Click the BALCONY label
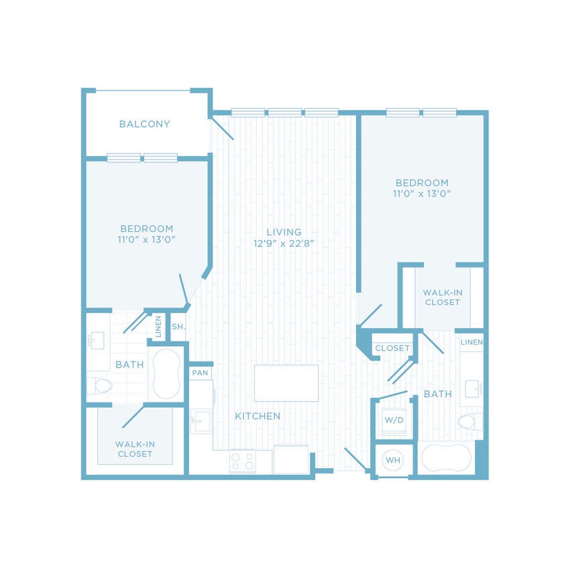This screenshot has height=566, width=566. click(144, 124)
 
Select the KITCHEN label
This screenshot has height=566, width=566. click(258, 416)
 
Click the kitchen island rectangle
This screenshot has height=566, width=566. click(286, 383)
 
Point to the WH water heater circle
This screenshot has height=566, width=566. click(392, 461)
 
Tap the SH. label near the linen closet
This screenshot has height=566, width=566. click(178, 327)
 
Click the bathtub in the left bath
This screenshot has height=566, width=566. click(166, 374)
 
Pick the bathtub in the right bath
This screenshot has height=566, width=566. click(446, 459)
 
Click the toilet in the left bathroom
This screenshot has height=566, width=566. click(100, 386)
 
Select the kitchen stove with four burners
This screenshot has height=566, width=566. click(242, 461)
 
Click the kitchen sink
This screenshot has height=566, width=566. click(200, 422)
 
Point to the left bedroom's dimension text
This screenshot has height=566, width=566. click(146, 239)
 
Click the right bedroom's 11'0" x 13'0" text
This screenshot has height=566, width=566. click(421, 194)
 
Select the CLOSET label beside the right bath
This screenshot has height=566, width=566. click(392, 348)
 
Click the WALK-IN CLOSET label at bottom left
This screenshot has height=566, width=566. click(134, 449)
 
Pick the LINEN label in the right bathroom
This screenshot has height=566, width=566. click(471, 343)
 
